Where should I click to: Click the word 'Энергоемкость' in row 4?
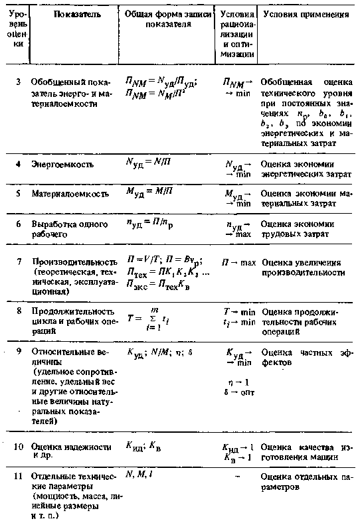point(62,163)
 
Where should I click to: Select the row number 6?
point(19,224)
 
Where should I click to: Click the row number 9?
point(19,352)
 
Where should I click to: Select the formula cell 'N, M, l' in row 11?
point(139,473)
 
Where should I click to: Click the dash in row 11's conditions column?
point(236,477)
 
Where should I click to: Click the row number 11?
point(19,475)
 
